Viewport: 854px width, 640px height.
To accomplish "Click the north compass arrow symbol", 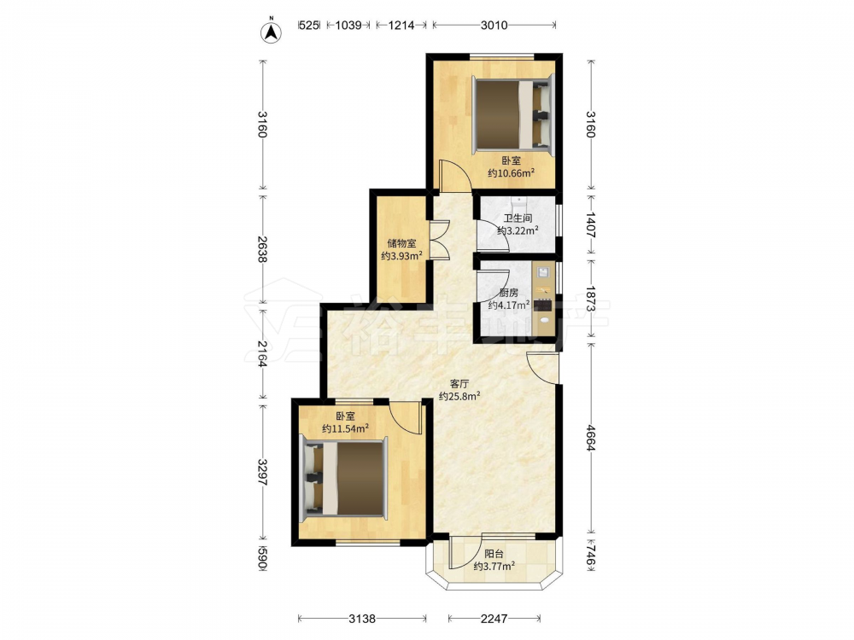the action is pos(271,32).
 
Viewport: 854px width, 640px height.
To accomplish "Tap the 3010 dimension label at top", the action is pos(494,25).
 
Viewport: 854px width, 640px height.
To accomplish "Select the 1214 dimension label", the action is pos(401,25).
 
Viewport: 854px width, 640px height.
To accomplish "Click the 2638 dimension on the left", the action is pos(262,250).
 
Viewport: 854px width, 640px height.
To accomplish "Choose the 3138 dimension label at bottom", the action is pos(362,619).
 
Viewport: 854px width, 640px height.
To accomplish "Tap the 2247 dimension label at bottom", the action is pos(494,619).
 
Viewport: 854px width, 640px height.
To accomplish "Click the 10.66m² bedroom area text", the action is pos(511,173).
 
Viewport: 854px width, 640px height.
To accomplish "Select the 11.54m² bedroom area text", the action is pos(345,429).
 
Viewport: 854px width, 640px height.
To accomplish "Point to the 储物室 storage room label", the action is pos(402,243).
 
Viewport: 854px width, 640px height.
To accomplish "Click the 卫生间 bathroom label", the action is pos(518,218).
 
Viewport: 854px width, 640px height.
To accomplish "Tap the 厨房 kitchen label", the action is pos(509,293).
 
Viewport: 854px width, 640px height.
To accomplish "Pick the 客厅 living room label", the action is pos(459,384).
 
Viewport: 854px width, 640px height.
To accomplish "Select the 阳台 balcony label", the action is pos(494,554).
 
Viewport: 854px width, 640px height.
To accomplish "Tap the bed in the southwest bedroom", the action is pos(343,479).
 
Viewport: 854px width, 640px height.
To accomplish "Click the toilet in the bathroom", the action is pos(519,204).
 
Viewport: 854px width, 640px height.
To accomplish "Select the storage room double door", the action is pos(438,240).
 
